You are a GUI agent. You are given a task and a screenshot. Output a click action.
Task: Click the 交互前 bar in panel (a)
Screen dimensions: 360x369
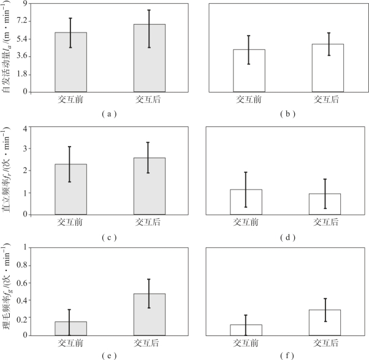coord(71,62)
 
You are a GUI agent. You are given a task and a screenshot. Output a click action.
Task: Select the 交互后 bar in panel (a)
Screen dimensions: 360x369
coord(150,58)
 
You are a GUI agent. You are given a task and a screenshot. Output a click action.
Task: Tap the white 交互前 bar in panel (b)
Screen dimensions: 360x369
coord(246,71)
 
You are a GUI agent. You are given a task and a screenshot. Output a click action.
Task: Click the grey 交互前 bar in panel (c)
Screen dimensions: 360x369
coord(71,190)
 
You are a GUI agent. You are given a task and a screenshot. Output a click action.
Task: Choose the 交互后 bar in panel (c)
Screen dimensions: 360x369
coord(148,186)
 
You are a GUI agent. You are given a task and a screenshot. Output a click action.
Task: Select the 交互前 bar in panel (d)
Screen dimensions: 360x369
coord(246,202)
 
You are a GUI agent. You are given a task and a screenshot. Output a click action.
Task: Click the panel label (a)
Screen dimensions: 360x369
coord(109,113)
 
